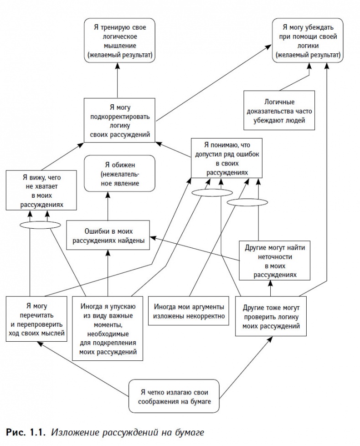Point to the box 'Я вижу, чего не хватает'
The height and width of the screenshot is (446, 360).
pyautogui.click(x=41, y=190)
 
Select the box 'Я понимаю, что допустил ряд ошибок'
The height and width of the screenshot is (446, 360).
pyautogui.click(x=226, y=157)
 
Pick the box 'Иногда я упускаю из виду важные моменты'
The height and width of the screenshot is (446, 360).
pyautogui.click(x=108, y=328)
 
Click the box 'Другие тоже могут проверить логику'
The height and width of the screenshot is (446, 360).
pyautogui.click(x=271, y=316)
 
